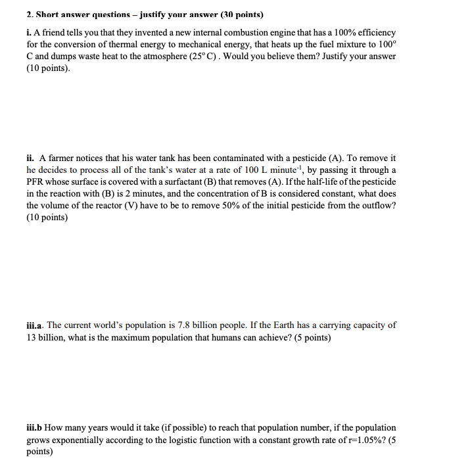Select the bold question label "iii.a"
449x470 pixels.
tap(35, 325)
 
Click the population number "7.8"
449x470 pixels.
tap(173, 325)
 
